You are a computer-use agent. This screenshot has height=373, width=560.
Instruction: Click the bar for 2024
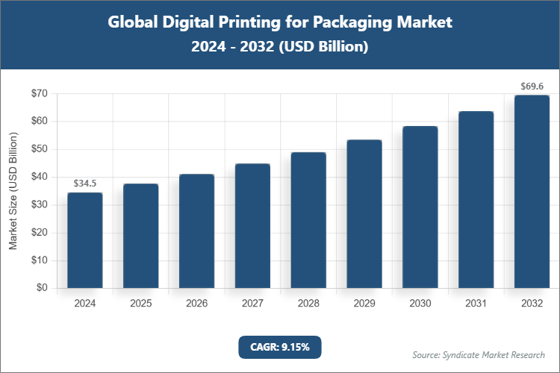[x=85, y=240]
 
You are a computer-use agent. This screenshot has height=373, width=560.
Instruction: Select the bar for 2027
[x=252, y=226]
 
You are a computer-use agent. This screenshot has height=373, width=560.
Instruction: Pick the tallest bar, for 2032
[x=532, y=192]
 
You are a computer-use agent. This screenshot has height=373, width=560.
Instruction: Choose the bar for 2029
[x=364, y=214]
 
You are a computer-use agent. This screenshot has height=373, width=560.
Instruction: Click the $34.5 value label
[x=85, y=183]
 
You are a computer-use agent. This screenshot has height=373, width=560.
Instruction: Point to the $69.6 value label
[x=532, y=87]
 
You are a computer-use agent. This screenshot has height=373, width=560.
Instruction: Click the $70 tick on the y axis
[x=39, y=94]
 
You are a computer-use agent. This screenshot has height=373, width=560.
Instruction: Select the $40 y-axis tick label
[x=39, y=177]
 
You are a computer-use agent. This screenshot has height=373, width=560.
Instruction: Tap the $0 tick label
[x=42, y=288]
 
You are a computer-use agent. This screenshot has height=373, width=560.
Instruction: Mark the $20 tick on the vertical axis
[x=39, y=233]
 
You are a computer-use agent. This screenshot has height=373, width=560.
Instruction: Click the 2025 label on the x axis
[x=141, y=304]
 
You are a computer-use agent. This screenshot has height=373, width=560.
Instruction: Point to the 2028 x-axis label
[x=308, y=304]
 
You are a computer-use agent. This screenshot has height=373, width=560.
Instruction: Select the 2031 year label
[x=476, y=304]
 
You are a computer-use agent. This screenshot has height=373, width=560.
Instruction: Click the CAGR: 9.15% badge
[x=279, y=347]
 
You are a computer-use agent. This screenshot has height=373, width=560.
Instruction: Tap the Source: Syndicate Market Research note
[x=479, y=354]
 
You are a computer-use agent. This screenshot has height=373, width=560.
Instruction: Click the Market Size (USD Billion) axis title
[x=13, y=192]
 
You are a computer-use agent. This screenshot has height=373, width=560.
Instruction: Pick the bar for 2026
[x=196, y=231]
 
